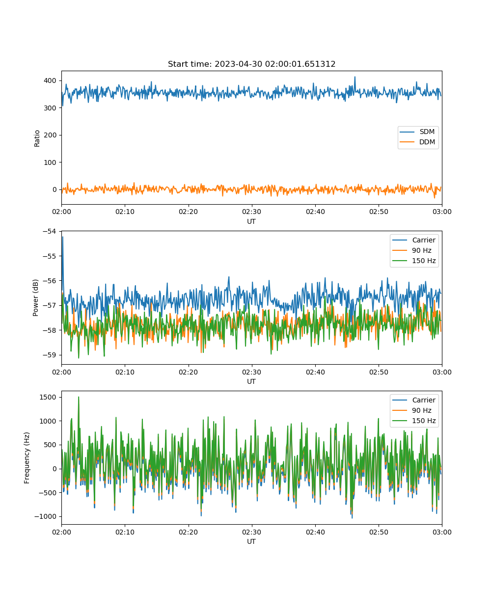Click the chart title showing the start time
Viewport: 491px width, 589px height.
tap(251, 64)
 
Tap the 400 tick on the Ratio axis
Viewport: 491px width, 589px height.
tap(50, 80)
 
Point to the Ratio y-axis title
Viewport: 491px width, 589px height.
tap(37, 138)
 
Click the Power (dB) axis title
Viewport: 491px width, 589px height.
tap(35, 297)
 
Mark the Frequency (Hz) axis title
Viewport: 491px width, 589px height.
tap(27, 458)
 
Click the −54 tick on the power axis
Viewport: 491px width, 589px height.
tap(50, 231)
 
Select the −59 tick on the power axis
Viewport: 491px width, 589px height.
tap(50, 355)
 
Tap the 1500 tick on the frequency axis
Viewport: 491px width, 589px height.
tap(48, 397)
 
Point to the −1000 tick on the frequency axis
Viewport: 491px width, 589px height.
tap(45, 516)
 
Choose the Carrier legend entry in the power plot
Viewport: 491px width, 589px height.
tap(414, 240)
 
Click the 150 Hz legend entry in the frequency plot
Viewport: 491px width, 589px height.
tap(414, 421)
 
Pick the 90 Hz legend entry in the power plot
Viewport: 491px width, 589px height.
tap(412, 250)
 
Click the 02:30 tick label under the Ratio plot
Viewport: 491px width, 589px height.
tap(251, 212)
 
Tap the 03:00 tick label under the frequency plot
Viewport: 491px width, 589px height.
tap(442, 532)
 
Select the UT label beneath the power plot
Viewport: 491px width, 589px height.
tap(251, 381)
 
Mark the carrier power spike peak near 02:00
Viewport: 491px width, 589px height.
tap(63, 237)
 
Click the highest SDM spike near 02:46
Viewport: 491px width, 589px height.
tap(355, 77)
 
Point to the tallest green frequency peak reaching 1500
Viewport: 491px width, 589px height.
tap(79, 397)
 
